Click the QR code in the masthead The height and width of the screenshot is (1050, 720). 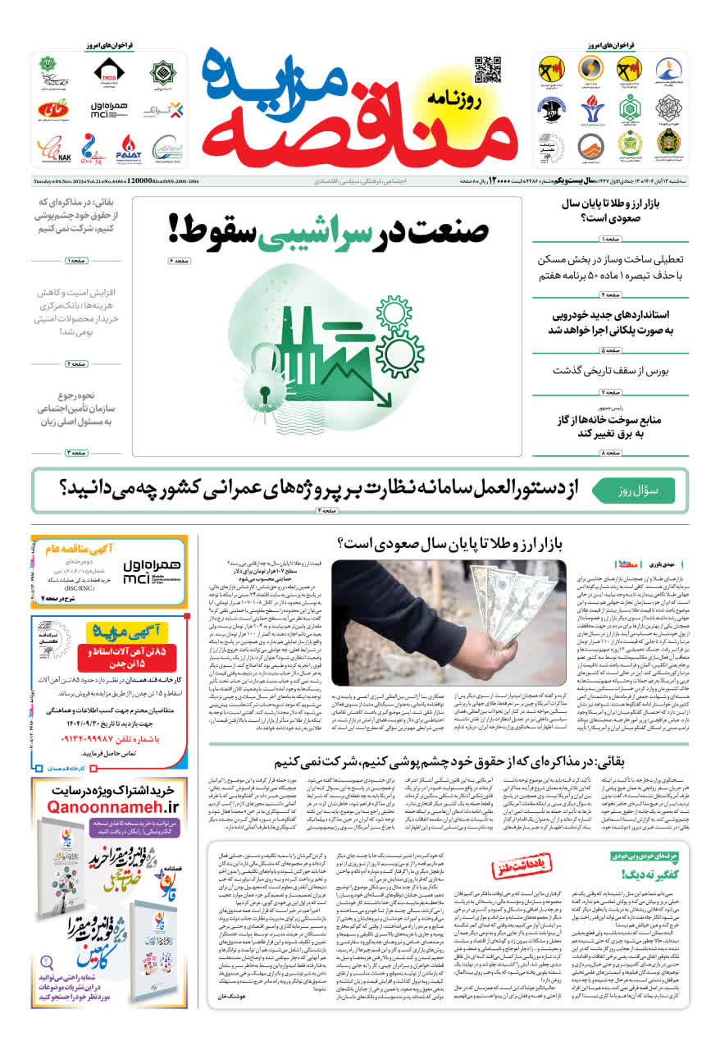pyautogui.click(x=487, y=70)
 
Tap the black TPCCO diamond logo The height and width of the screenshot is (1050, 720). pyautogui.click(x=108, y=71)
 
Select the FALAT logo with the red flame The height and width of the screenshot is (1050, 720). pyautogui.click(x=130, y=148)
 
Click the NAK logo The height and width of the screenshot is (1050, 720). pyautogui.click(x=53, y=149)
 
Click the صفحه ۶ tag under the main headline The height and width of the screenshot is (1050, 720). pyautogui.click(x=178, y=261)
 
